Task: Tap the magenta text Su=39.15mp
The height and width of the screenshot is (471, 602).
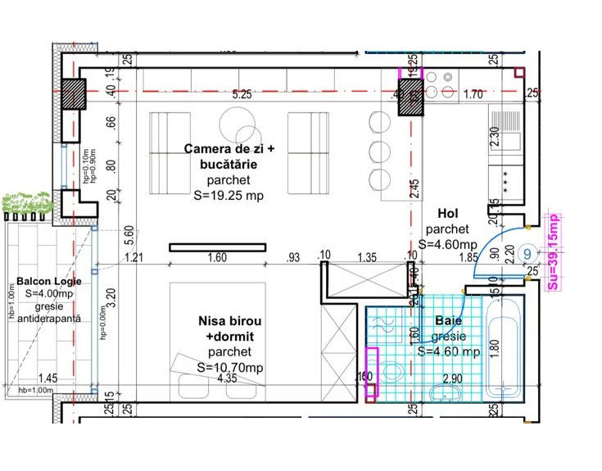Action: [x=553, y=252]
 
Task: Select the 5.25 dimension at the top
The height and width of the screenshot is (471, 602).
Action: [x=242, y=95]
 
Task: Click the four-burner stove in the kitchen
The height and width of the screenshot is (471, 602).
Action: [x=441, y=84]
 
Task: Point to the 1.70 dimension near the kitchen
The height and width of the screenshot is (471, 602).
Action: [x=472, y=95]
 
